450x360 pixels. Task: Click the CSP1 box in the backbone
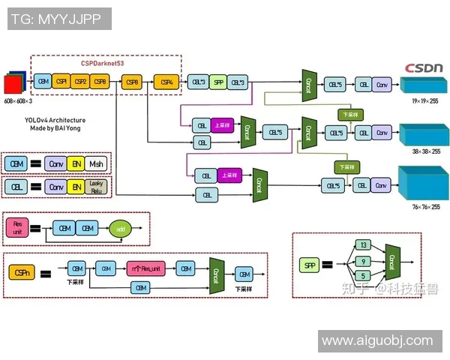tap(61, 81)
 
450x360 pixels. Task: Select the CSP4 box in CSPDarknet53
tap(166, 81)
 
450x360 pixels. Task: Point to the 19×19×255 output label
tap(425, 100)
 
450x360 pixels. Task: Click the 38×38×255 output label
tap(425, 151)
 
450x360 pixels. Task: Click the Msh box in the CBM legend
tap(97, 163)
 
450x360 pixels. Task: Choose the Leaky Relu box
tap(97, 186)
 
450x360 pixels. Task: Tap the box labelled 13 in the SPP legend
tap(363, 245)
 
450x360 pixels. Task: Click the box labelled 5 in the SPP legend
tap(363, 276)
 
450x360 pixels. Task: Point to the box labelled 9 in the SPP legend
tap(363, 261)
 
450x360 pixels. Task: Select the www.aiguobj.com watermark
tap(376, 341)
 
